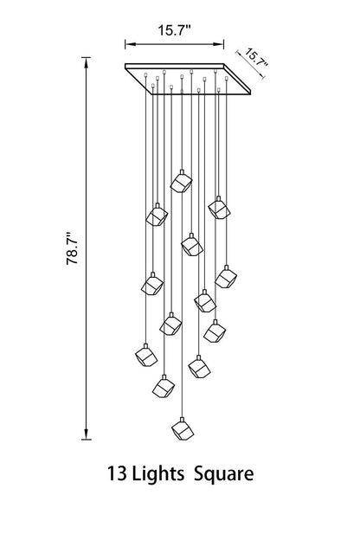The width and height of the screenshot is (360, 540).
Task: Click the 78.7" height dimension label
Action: (x=73, y=248)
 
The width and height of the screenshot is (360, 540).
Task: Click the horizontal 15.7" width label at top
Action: (x=174, y=30)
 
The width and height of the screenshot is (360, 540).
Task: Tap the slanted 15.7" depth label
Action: (x=256, y=59)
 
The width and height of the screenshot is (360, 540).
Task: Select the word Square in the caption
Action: (x=224, y=474)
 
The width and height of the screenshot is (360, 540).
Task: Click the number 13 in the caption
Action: (x=117, y=473)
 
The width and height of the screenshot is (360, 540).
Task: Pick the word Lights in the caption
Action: (x=158, y=473)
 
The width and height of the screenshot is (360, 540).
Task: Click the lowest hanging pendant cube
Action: (x=183, y=429)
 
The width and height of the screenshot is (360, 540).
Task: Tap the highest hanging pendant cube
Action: (x=181, y=182)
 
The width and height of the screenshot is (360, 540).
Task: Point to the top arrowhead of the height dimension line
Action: (x=87, y=61)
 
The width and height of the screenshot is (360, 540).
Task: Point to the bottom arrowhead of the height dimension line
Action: (x=87, y=435)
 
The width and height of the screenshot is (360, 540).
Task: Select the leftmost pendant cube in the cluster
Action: (x=146, y=356)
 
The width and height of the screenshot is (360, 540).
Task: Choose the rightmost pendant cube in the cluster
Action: (x=226, y=277)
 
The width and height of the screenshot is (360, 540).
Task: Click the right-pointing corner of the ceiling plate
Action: (x=250, y=93)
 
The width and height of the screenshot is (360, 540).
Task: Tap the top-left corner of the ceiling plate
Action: (x=125, y=64)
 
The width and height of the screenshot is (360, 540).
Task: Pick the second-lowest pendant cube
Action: (x=164, y=387)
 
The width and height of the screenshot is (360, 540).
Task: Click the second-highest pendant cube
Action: (x=219, y=208)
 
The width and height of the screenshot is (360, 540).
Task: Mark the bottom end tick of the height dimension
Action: (x=87, y=440)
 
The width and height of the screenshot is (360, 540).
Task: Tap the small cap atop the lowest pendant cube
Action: (x=183, y=420)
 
